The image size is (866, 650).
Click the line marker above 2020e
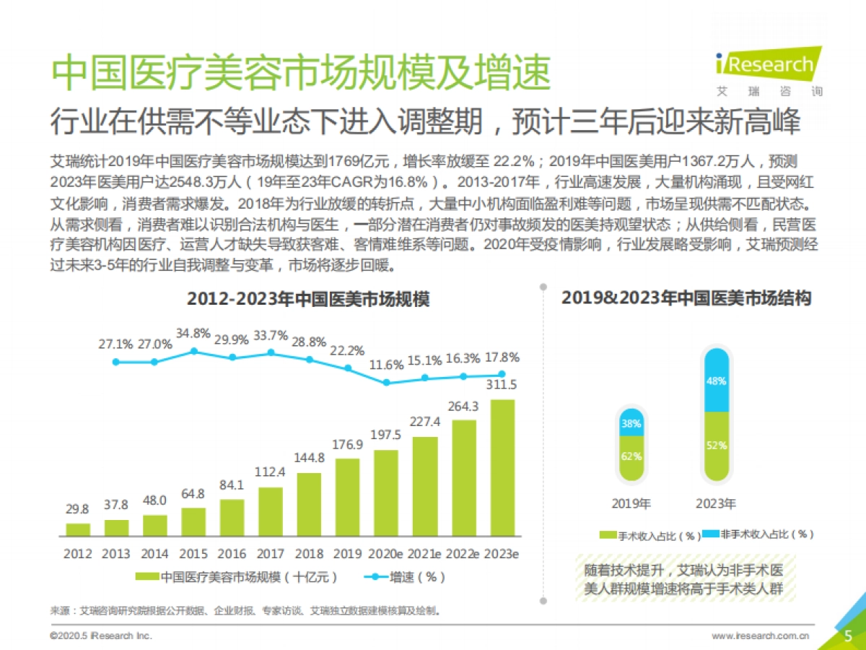[x=387, y=382]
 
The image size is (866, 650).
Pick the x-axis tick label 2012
[x=78, y=554]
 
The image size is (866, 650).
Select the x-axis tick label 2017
[x=271, y=554]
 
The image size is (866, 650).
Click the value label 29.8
[x=78, y=509]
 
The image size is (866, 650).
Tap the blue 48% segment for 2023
[x=716, y=380]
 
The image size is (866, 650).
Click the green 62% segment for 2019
[x=632, y=457]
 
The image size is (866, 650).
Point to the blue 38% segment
[x=632, y=423]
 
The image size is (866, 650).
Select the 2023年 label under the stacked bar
[x=716, y=503]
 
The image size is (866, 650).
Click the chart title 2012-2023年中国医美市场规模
[x=308, y=299]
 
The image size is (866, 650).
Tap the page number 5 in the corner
[x=849, y=635]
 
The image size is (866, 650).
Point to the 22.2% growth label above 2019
[x=348, y=351]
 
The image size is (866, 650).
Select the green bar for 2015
[x=193, y=522]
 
